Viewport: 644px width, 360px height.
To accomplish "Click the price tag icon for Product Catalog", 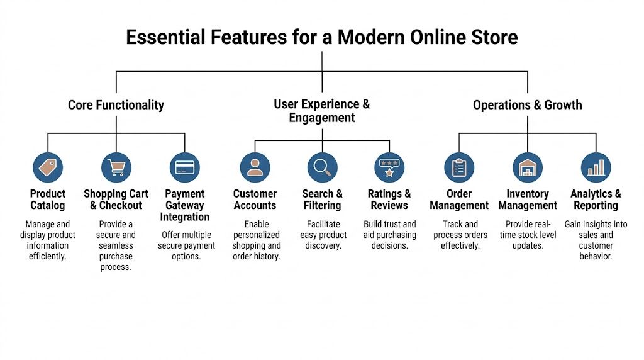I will (48, 167).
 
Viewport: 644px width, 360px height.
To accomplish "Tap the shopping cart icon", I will (116, 167).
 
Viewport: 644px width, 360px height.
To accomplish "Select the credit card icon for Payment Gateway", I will (185, 167).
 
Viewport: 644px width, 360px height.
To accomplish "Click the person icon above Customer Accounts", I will (255, 167).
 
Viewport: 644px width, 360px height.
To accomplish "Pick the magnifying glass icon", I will (322, 167).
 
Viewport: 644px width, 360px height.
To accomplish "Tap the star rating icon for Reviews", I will (389, 167).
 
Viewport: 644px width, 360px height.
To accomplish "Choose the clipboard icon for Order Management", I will (459, 167).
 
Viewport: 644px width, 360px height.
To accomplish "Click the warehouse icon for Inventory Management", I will (528, 167).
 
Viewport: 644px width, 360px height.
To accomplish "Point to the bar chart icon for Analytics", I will (596, 167).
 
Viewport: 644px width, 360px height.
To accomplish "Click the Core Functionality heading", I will (116, 105).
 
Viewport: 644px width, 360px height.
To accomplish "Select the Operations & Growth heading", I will (528, 105).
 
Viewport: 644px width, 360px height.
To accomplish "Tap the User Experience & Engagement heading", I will (322, 111).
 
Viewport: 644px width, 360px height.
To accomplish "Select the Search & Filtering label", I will (322, 200).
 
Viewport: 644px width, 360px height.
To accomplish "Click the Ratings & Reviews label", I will (389, 200).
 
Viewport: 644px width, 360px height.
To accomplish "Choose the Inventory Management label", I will (528, 200).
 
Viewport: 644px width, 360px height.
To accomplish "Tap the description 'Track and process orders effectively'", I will (459, 235).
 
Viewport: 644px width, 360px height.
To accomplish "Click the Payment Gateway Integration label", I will (185, 205).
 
